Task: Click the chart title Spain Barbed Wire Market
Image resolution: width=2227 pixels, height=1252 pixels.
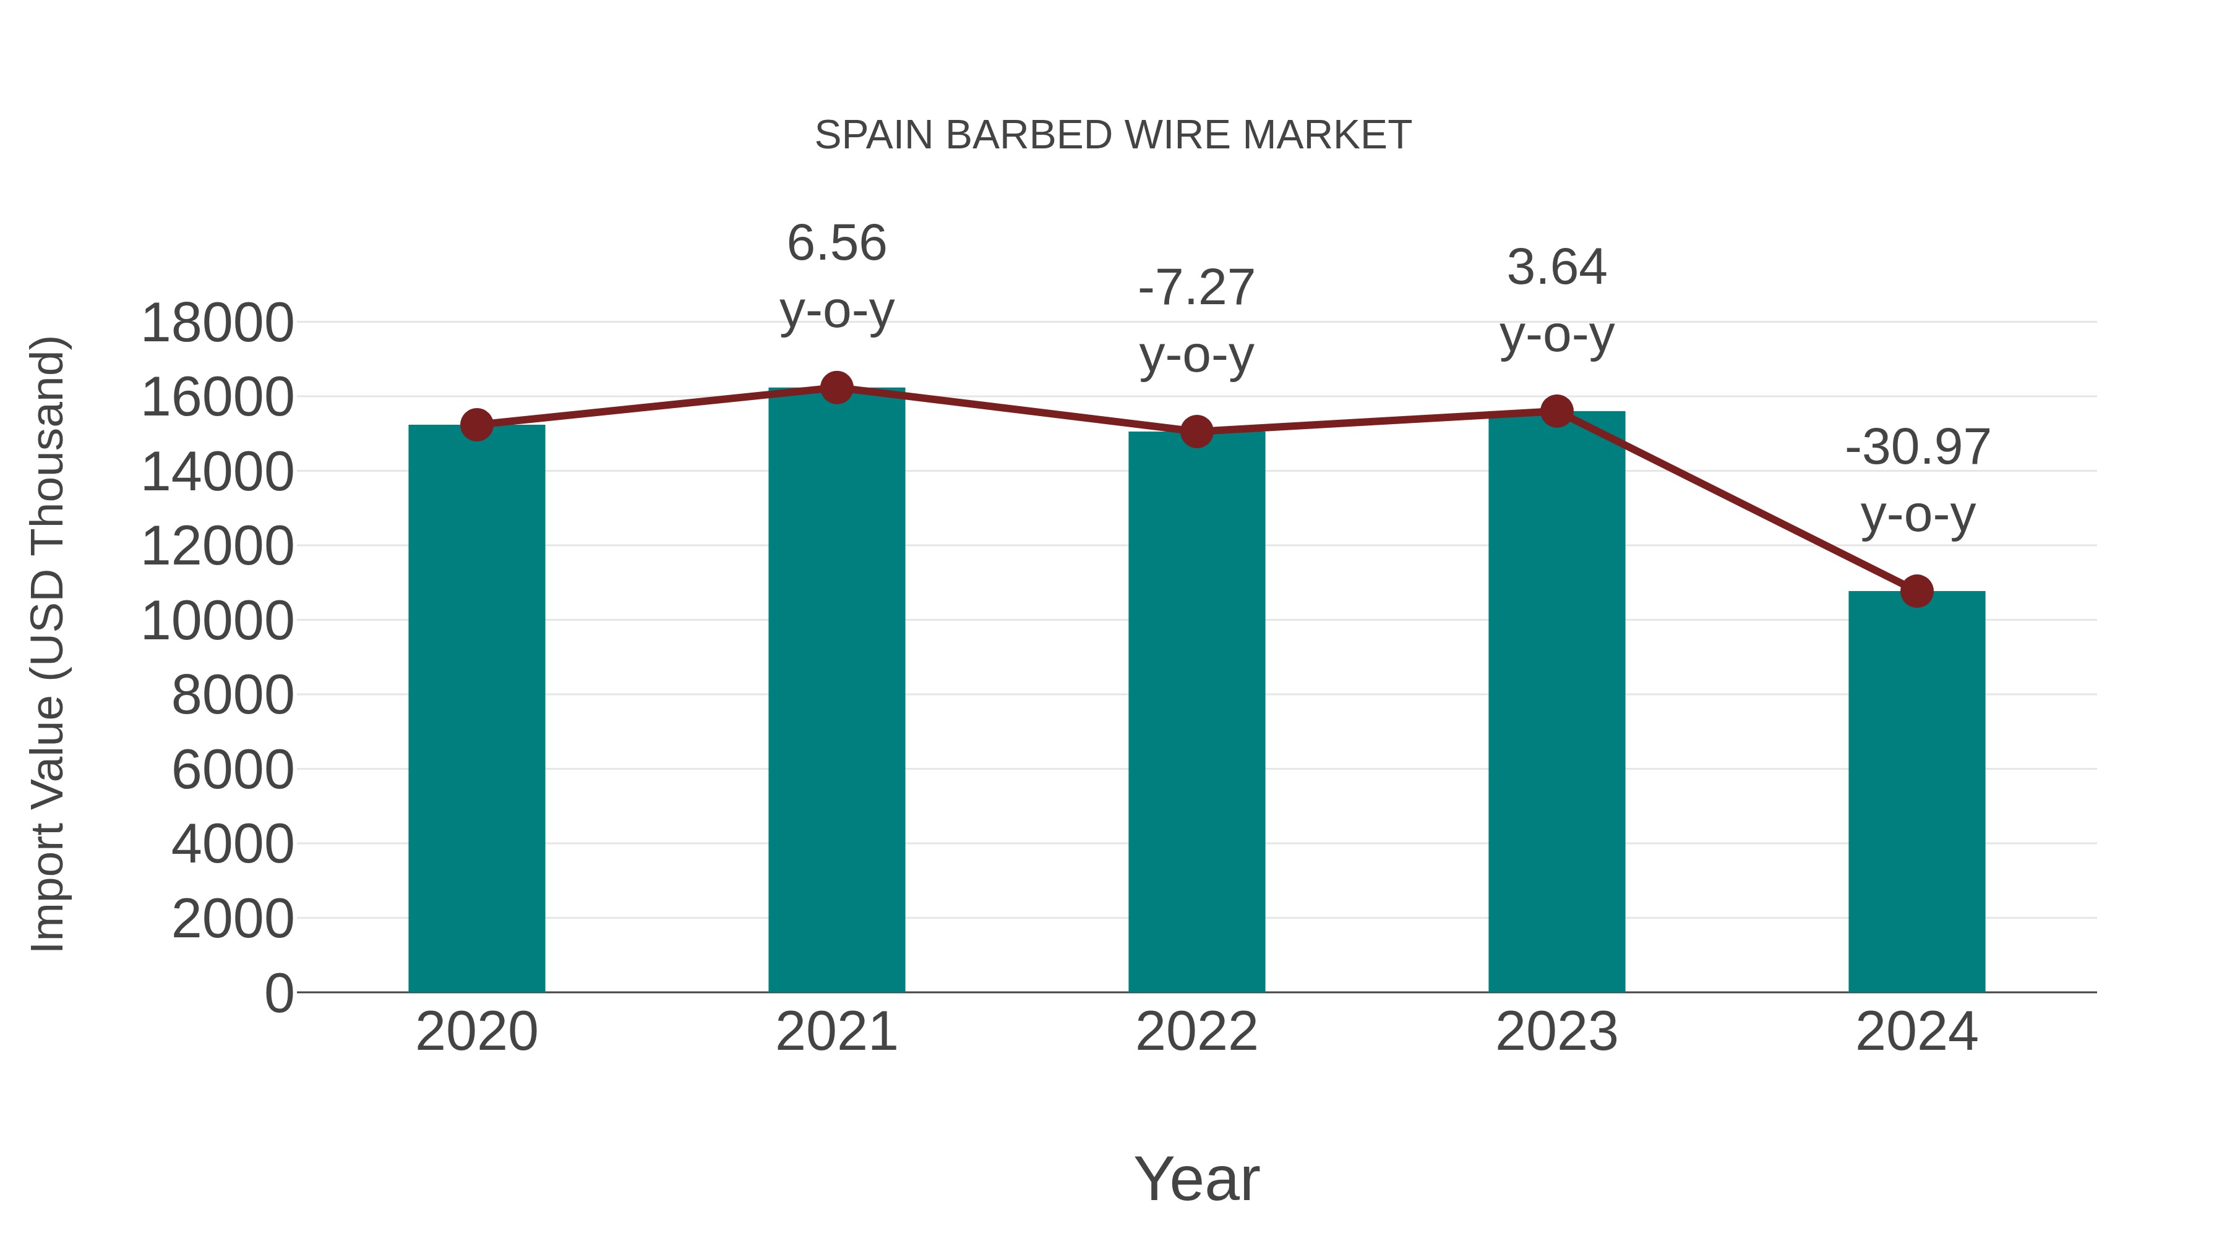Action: click(1113, 135)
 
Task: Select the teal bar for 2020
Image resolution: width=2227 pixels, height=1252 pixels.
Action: click(476, 709)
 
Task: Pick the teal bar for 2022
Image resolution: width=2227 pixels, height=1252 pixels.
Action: click(1196, 713)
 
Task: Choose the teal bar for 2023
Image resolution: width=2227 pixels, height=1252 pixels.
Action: click(1556, 702)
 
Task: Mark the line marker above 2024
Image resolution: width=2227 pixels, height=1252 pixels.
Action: click(1916, 591)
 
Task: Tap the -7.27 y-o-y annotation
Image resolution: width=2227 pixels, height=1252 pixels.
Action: click(1196, 322)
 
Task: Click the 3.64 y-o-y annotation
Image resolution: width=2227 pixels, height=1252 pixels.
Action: click(1556, 300)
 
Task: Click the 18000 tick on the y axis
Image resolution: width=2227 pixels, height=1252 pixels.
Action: click(217, 323)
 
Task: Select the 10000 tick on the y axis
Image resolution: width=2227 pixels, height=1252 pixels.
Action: click(217, 620)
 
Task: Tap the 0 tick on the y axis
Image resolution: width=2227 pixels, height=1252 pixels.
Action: click(278, 993)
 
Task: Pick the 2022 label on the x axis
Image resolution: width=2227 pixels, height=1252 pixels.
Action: click(1196, 1032)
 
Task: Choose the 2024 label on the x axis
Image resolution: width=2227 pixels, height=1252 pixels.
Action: click(1916, 1032)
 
